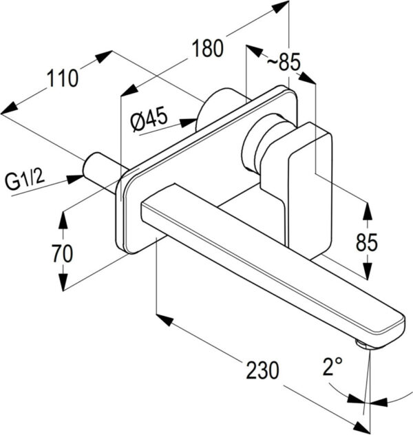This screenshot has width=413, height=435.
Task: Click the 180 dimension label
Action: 208,49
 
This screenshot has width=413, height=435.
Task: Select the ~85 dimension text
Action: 284,63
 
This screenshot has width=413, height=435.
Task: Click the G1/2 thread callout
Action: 25,182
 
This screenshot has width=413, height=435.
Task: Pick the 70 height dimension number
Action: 62,253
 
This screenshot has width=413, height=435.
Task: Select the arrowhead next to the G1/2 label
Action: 75,179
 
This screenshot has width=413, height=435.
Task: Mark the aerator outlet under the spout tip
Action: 362,343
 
